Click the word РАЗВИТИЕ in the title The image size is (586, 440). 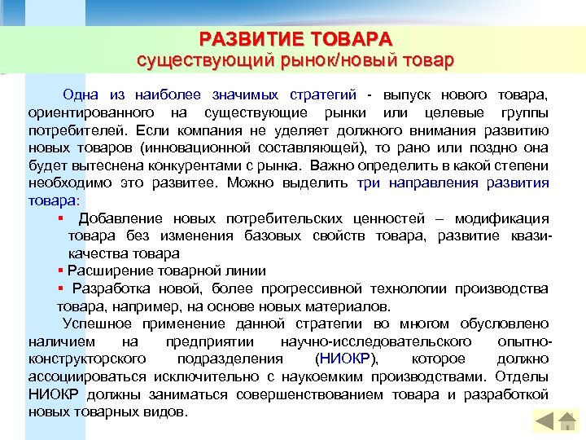point(251,38)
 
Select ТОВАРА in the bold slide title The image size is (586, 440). point(352,38)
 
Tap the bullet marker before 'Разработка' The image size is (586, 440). point(60,289)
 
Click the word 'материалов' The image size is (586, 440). point(346,306)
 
